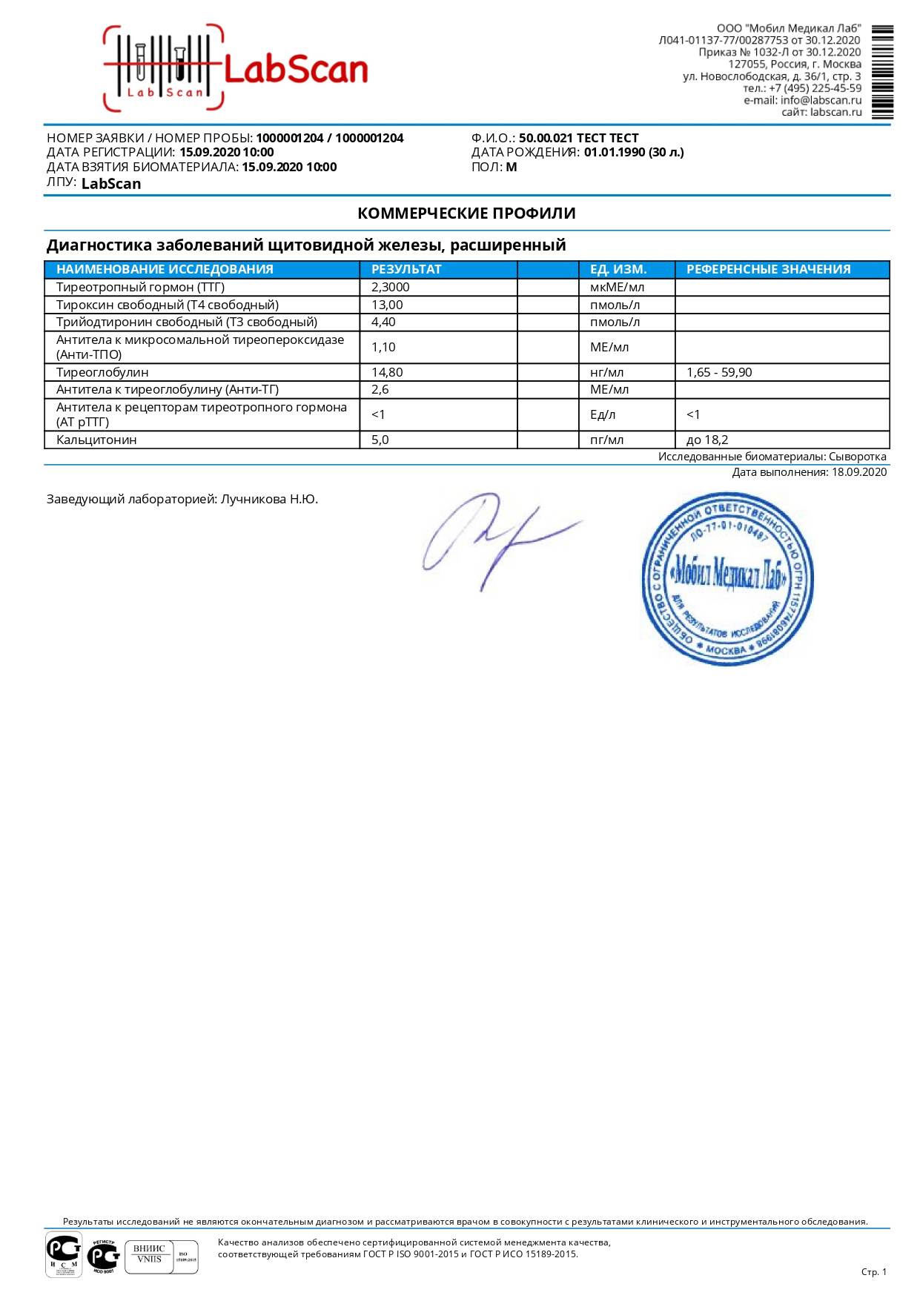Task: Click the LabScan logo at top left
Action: coord(236,69)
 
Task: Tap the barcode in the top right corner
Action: coord(882,72)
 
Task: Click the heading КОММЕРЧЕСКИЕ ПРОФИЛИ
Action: coord(466,213)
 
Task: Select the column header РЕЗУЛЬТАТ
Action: coord(406,269)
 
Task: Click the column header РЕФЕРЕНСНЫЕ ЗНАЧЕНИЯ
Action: coord(768,269)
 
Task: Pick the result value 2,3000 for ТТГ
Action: coord(390,287)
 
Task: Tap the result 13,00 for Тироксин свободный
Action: coord(387,305)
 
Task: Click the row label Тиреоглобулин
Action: coord(102,372)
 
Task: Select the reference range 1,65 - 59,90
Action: coord(719,372)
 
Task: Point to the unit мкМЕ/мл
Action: coord(617,287)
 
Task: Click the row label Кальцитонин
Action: coord(96,440)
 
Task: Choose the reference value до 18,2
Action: coord(707,440)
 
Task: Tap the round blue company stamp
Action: coord(727,578)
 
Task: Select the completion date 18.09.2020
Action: coord(858,472)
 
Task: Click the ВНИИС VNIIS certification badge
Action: coord(161,1257)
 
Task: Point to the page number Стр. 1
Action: coord(873,1272)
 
